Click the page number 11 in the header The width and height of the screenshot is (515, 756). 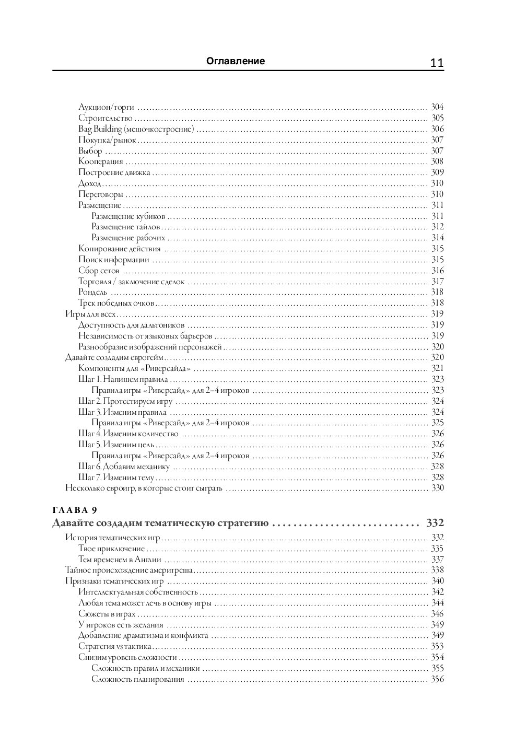(437, 63)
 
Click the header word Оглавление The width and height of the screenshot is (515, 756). (236, 61)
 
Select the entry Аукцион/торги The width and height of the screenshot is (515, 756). (106, 108)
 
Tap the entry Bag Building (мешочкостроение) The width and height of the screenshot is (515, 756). (136, 129)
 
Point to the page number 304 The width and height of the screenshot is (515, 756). (437, 108)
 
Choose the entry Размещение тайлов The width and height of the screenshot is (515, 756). (125, 227)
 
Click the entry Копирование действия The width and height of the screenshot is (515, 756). (120, 249)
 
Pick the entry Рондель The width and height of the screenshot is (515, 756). (93, 292)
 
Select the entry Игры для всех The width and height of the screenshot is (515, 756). (90, 314)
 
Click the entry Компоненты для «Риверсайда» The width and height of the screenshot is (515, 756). (134, 368)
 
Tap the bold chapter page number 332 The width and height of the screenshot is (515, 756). (435, 523)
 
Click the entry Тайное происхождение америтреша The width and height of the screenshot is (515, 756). (129, 570)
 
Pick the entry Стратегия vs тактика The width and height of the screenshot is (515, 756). (115, 646)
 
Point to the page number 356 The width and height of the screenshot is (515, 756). (437, 679)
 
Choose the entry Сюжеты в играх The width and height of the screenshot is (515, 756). (107, 614)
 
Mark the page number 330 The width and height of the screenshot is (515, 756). (437, 488)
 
